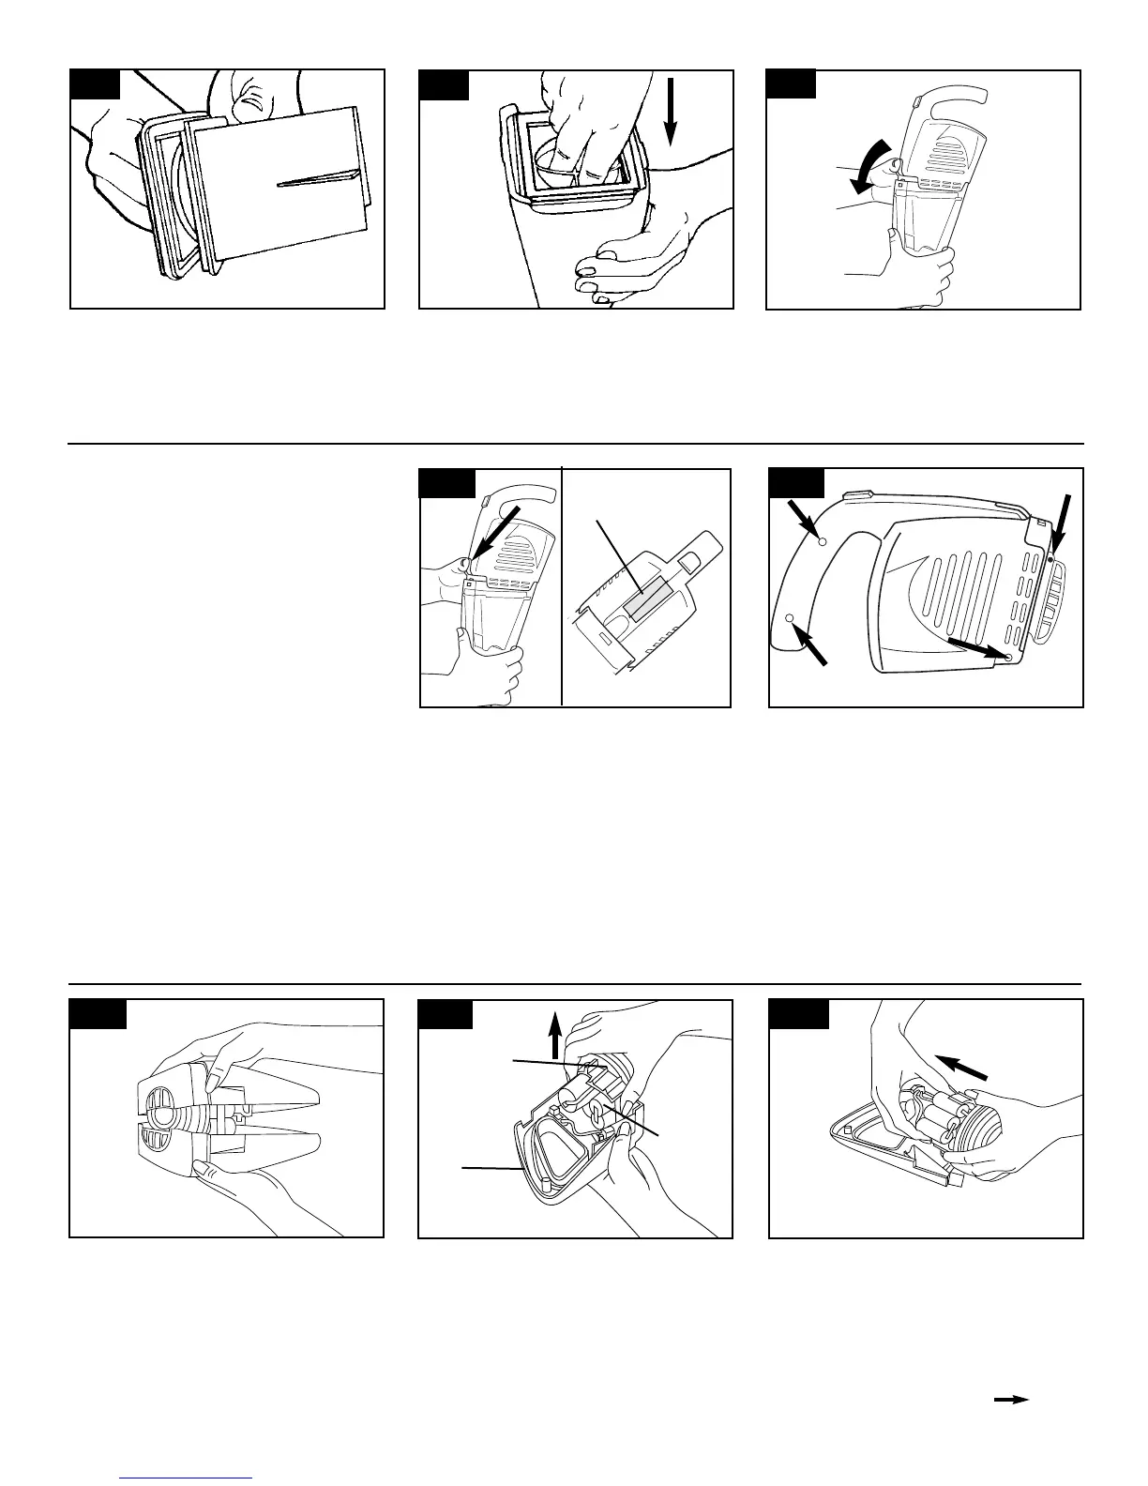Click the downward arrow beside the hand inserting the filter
pos(671,114)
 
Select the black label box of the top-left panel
pos(96,83)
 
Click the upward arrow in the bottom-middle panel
pos(555,1035)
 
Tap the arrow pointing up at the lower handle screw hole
pos(812,645)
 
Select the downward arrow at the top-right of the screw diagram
pos(1061,526)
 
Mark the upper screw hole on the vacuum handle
pos(822,541)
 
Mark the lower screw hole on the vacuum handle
pos(790,618)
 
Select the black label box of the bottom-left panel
pos(98,1014)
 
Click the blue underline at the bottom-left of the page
pos(188,1478)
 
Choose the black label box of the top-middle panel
pos(444,83)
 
